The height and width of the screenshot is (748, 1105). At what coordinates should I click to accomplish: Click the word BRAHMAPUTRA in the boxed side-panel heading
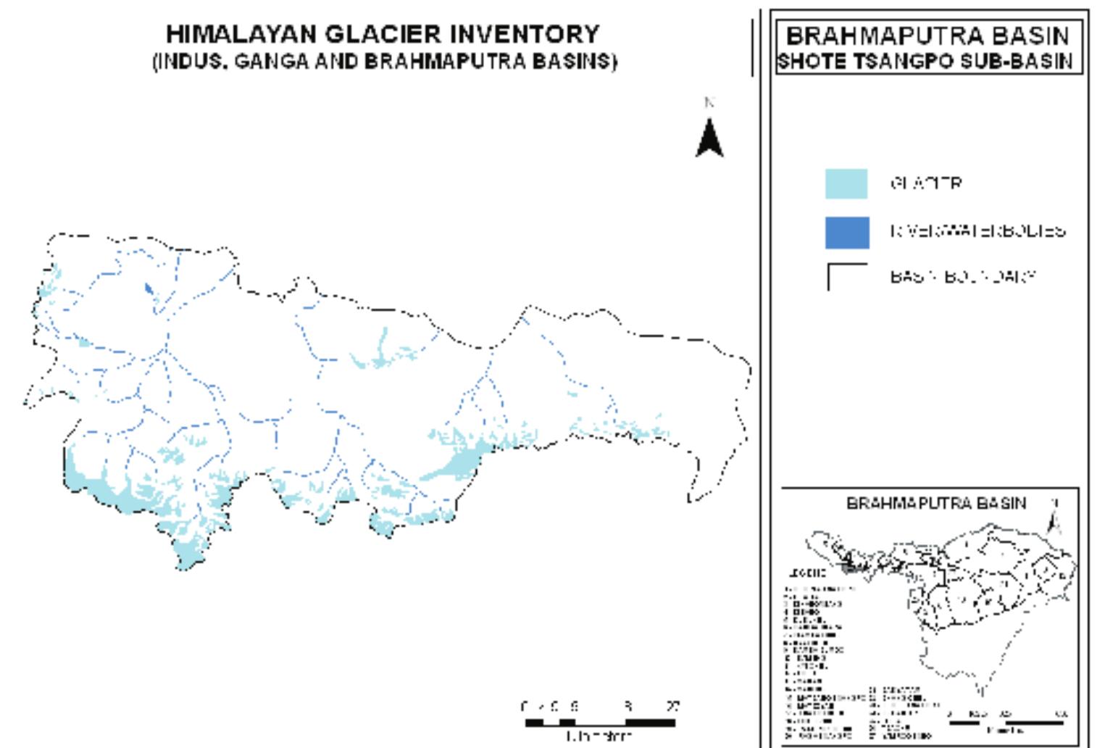point(875,36)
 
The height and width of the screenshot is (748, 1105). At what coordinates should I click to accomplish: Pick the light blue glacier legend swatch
point(846,183)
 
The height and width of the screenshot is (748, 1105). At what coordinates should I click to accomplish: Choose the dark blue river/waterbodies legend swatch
point(846,232)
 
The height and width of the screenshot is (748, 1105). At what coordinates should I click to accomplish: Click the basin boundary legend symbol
point(846,276)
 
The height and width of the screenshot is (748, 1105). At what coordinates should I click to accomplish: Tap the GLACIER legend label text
point(925,183)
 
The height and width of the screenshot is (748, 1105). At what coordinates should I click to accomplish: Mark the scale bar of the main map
point(600,722)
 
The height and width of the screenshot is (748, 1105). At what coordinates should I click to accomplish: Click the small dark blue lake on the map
point(149,289)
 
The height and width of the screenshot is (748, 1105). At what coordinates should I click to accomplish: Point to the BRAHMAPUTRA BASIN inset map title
point(935,503)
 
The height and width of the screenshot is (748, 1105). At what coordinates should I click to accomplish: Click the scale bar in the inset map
point(1006,722)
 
